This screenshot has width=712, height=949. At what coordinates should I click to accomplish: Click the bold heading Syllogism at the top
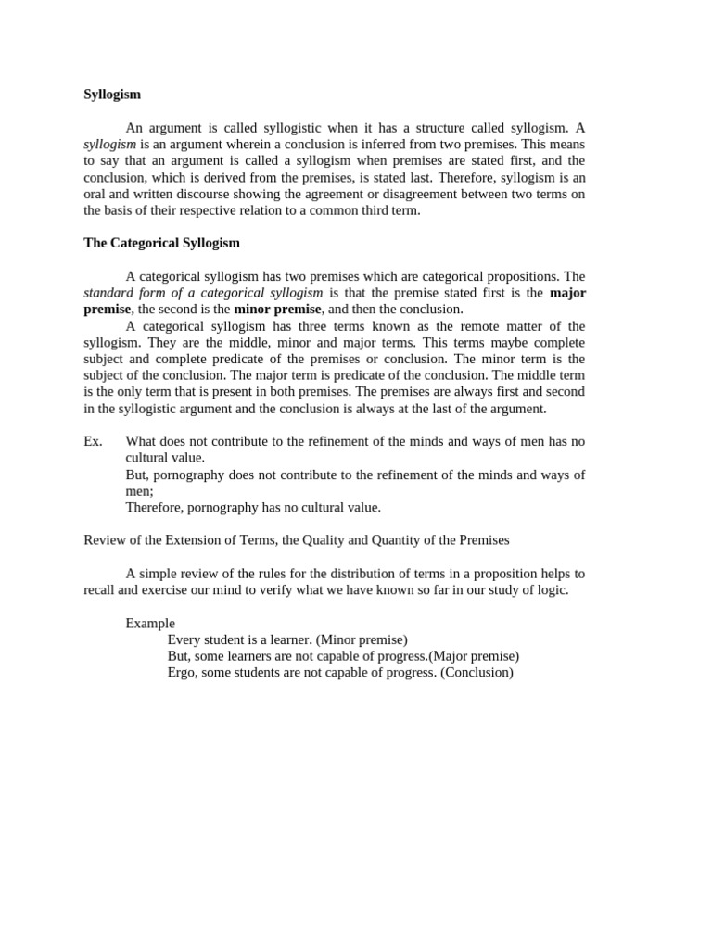(112, 94)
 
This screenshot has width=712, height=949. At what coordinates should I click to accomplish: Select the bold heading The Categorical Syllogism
(161, 243)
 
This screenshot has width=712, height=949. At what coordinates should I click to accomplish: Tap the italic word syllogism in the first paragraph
(109, 145)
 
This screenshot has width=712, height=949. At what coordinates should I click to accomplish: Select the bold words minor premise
(277, 309)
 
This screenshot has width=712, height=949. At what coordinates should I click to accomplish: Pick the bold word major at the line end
(567, 293)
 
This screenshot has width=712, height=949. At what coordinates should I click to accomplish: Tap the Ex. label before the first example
(93, 441)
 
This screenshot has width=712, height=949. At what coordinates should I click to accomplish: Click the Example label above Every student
(150, 624)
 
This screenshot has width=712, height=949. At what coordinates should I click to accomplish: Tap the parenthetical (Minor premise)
(362, 639)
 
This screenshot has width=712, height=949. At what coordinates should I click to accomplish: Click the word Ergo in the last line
(183, 672)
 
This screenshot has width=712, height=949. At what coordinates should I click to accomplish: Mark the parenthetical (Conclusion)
(477, 672)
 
